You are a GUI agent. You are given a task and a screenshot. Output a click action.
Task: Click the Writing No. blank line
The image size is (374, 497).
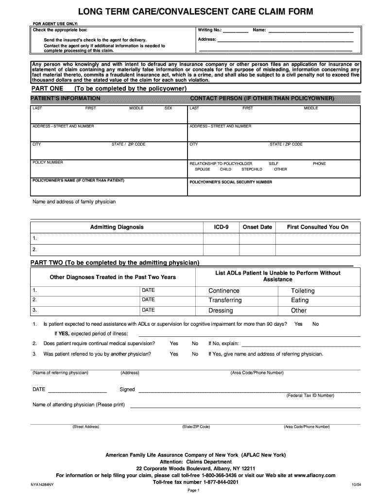tap(236, 32)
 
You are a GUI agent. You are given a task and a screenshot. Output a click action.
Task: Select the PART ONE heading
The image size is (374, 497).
tap(47, 89)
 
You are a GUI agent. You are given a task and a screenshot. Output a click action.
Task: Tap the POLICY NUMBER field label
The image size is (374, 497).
tap(48, 163)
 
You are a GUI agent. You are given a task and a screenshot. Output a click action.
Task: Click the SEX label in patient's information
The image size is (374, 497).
tap(169, 108)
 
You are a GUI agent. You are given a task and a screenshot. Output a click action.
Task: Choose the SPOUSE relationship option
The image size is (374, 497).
tap(203, 169)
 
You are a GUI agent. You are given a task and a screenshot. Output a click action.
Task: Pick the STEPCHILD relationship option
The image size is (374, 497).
tap(252, 169)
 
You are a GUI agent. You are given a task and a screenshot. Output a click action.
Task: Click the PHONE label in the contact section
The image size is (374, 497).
tap(319, 164)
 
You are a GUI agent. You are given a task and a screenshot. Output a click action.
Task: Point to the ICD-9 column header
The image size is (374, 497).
tap(221, 227)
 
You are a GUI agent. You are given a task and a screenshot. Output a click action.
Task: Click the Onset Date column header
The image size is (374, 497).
tap(257, 227)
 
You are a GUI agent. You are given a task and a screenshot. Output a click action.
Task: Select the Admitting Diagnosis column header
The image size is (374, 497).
tap(117, 227)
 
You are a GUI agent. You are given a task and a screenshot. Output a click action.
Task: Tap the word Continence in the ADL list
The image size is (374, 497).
tap(224, 291)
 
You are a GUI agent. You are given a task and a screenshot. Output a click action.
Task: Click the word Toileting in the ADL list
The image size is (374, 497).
tap(303, 291)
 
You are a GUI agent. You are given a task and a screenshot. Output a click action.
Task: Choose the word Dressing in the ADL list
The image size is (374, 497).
tap(221, 311)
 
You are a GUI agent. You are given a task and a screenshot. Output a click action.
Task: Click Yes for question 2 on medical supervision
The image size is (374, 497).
tap(174, 344)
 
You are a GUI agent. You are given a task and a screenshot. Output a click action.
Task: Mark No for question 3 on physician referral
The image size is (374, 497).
tap(195, 354)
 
